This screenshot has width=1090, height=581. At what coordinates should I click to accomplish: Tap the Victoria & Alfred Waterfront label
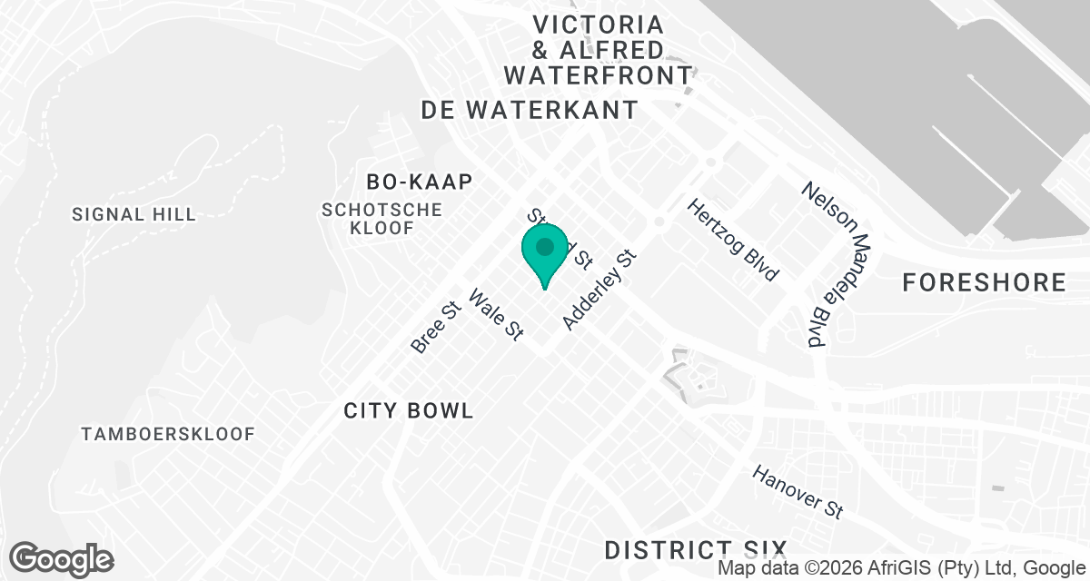point(599,49)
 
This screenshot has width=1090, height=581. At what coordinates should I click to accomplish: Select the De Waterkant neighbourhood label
point(530,110)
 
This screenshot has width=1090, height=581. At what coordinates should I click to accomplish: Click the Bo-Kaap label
point(420,182)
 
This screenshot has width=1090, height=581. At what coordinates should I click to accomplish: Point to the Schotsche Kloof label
point(381,219)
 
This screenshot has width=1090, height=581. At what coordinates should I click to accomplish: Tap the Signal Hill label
point(134,214)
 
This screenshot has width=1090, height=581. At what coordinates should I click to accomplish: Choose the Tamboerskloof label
point(168,434)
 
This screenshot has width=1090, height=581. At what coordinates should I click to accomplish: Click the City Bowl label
point(409,410)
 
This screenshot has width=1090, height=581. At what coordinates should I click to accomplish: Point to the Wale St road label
point(496,314)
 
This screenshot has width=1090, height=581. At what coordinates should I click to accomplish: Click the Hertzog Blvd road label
point(734,240)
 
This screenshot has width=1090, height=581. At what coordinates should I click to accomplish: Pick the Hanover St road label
point(798,493)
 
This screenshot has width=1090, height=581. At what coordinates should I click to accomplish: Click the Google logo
point(62,558)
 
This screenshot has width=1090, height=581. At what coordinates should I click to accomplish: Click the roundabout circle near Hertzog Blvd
point(659,222)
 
